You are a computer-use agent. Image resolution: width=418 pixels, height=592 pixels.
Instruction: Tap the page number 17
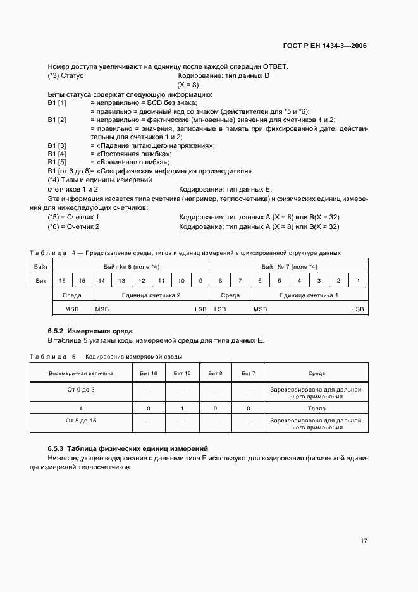pos(364,541)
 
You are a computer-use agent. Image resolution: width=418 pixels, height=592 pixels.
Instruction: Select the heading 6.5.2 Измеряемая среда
pos(90,331)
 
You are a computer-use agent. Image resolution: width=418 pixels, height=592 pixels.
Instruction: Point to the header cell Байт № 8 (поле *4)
pos(131,267)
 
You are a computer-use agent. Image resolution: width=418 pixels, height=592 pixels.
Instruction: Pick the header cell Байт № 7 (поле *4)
pos(289,267)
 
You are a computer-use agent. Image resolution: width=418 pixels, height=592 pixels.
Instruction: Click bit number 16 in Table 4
pos(62,280)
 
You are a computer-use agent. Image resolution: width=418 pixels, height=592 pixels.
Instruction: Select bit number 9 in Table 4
pos(200,280)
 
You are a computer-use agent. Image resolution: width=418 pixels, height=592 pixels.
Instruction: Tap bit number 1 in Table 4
pos(358,280)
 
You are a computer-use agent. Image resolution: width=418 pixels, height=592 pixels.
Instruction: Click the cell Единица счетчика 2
pos(151,295)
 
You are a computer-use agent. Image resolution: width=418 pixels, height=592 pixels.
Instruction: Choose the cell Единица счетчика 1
pos(309,295)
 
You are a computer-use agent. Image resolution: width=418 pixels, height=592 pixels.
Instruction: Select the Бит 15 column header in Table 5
pos(181,374)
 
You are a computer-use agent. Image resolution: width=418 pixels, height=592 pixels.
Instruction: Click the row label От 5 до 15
pos(81,420)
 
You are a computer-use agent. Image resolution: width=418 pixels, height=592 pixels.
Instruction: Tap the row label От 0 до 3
pos(81,389)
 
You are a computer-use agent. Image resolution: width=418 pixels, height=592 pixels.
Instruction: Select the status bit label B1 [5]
pos(57,162)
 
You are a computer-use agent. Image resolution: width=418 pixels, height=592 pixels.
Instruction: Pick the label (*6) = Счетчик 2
pos(73,226)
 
